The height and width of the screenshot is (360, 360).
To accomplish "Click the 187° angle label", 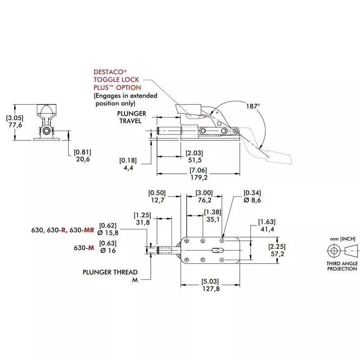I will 253,106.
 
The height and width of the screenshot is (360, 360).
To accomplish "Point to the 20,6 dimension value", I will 82,159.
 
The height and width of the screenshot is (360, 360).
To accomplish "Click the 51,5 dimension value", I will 193,160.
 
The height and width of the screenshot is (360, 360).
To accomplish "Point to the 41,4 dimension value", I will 266,229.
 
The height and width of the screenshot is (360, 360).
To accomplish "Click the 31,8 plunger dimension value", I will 142,222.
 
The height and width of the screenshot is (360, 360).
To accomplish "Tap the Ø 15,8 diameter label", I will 108,233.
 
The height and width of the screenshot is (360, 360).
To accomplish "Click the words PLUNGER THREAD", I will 110,272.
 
